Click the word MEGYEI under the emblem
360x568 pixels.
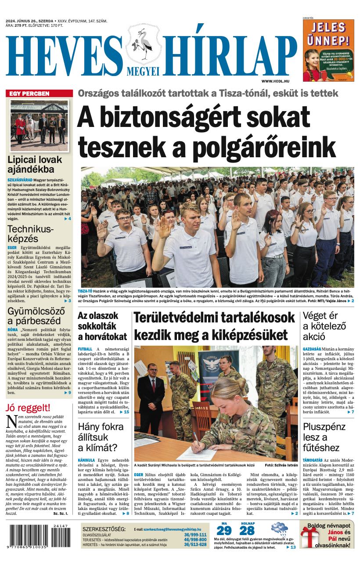coord(143,71)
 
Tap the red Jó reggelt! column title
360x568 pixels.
coord(28,408)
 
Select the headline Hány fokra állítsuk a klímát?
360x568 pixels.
coord(98,437)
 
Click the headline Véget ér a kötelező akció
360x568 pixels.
coord(324,326)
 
